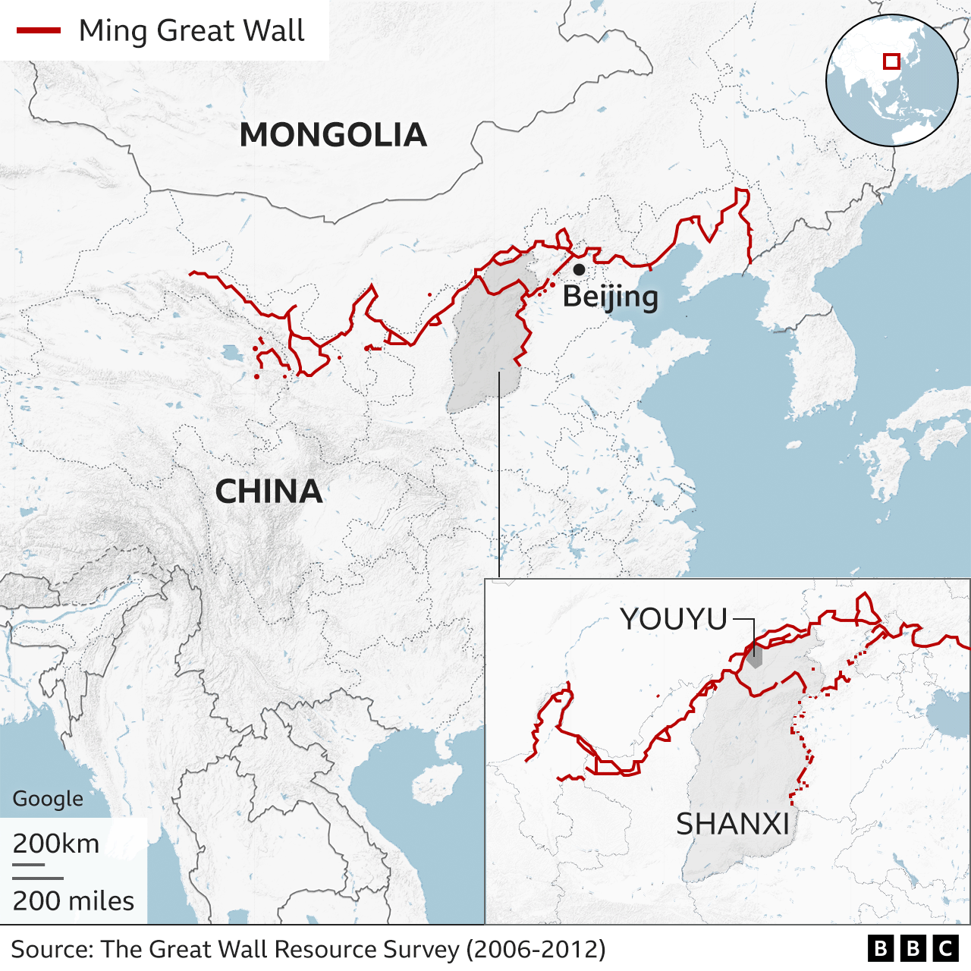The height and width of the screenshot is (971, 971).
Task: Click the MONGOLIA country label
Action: coord(333,135)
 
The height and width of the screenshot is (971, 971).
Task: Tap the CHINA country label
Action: coord(269,492)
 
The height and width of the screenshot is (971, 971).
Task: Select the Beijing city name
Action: coord(611,297)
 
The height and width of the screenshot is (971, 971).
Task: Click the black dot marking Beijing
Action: coord(579,269)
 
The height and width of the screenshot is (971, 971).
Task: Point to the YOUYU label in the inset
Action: coord(674,620)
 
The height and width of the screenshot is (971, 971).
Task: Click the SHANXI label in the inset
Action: coord(733,824)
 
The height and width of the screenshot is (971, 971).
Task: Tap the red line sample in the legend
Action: coord(39,31)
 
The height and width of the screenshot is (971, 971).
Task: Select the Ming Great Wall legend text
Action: coord(191,31)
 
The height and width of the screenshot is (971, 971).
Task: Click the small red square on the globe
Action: coord(891,61)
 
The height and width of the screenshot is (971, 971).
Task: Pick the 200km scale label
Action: coord(56,844)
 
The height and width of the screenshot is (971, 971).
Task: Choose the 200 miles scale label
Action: coord(74,901)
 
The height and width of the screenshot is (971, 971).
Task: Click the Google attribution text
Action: coord(48,799)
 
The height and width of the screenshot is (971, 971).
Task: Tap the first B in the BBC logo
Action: coord(880,948)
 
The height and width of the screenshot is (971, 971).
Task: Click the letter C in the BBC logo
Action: coord(945,948)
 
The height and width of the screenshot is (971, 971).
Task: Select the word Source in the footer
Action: coord(52,950)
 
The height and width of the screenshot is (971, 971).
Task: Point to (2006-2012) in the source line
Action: coord(536,950)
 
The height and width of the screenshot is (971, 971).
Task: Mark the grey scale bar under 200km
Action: coord(29,863)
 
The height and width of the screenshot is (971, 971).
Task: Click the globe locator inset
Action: coord(891,80)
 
